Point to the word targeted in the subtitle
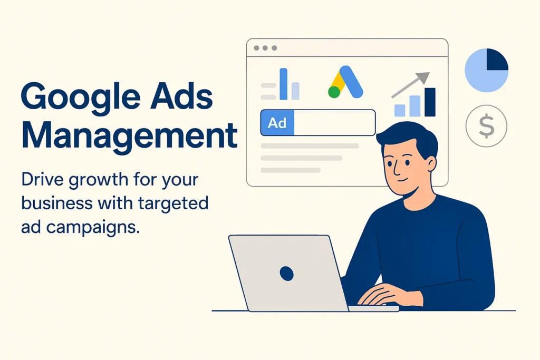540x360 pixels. coord(173,203)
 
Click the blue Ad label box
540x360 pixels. coord(277,123)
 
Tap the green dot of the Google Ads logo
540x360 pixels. coord(334,92)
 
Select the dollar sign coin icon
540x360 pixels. coord(486,126)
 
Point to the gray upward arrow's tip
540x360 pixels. coord(429,73)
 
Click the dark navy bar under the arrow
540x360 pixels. coord(430,102)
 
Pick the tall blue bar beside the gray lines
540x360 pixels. coord(283,84)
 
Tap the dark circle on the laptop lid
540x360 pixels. coord(286,274)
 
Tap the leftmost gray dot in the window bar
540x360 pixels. coord(257,48)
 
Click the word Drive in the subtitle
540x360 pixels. coord(42,179)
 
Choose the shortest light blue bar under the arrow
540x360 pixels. coord(400,111)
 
